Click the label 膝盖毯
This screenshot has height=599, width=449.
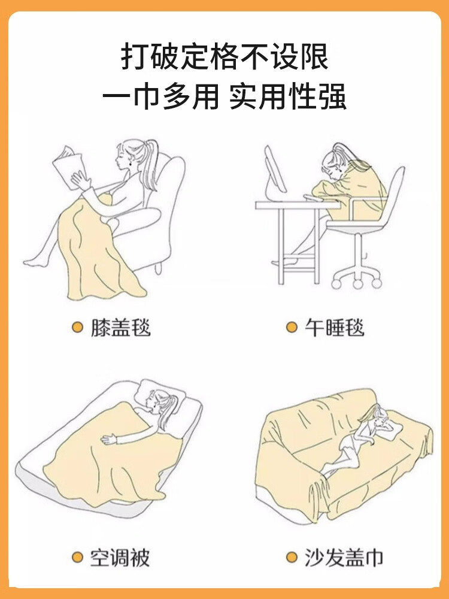click(121, 328)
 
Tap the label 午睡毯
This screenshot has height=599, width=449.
click(335, 328)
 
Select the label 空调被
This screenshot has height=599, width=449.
click(120, 558)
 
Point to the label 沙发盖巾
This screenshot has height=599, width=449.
click(344, 558)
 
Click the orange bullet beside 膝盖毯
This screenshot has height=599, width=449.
click(77, 328)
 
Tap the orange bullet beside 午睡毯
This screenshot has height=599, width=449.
click(292, 328)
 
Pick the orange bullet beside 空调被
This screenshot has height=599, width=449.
click(77, 557)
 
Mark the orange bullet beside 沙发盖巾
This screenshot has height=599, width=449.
click(292, 557)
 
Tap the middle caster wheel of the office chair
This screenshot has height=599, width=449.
click(358, 284)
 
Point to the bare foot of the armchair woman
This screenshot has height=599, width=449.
click(34, 262)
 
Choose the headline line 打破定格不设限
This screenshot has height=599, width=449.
click(224, 58)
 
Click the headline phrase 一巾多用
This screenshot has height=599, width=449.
click(160, 96)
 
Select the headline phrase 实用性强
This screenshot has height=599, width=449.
click(288, 96)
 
